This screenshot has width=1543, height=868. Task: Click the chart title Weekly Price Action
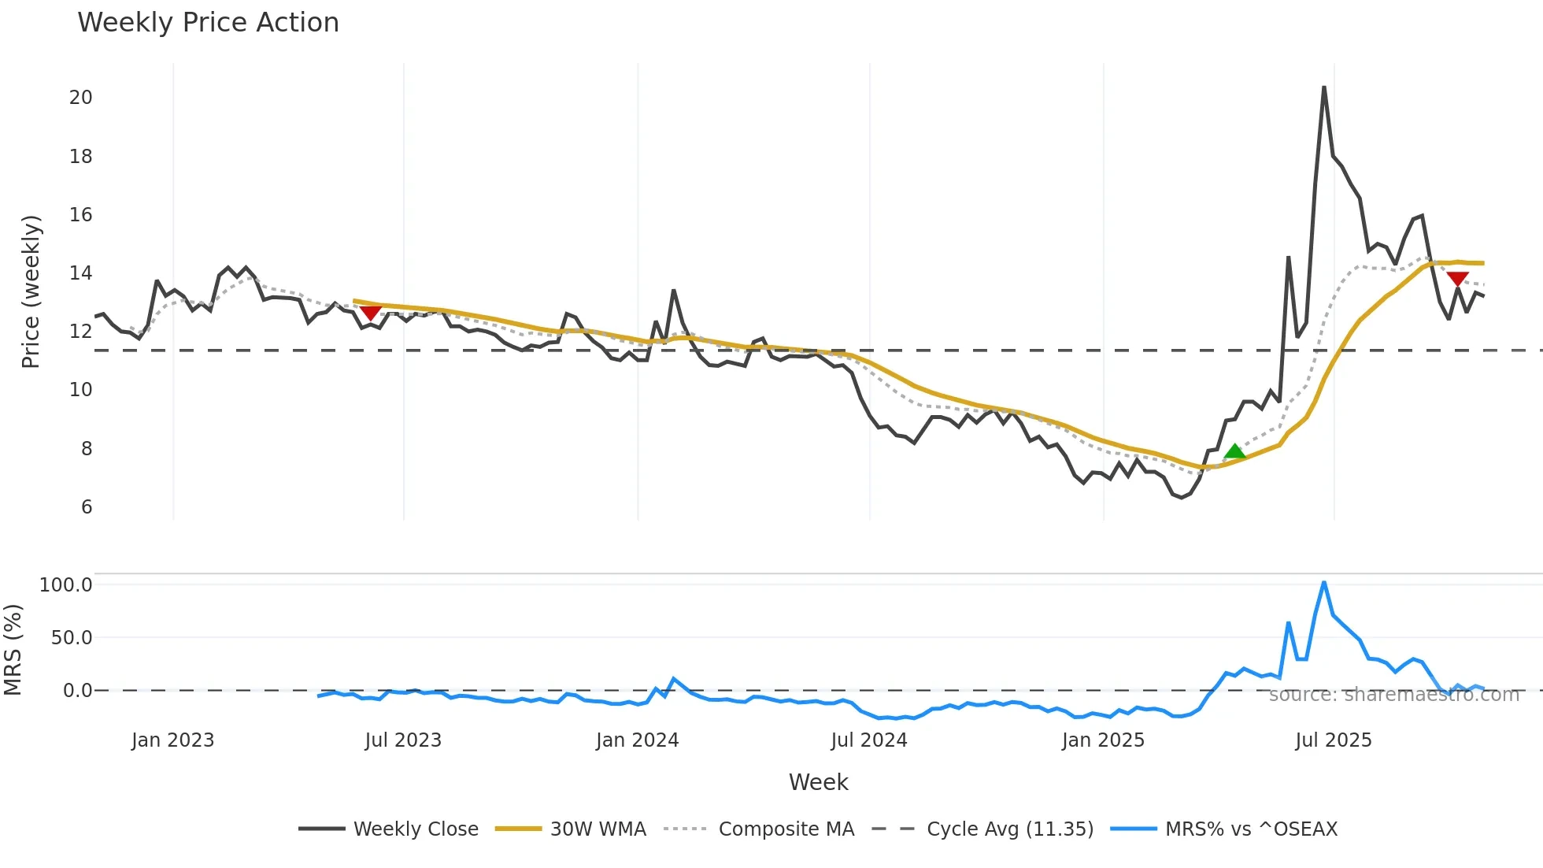coord(208,23)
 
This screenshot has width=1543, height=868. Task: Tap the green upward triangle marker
coord(1234,451)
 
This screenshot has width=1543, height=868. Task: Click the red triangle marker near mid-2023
coord(370,313)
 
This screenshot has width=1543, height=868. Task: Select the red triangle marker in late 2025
coord(1457,279)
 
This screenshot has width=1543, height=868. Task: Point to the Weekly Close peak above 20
coord(1324,87)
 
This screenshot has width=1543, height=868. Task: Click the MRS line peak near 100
coord(1324,583)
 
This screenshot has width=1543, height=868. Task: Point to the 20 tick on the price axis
coord(81,98)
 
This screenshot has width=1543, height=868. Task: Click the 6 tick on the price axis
coord(87,507)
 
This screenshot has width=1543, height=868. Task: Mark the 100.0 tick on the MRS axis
coord(66,585)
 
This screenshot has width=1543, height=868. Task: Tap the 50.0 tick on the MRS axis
coord(72,638)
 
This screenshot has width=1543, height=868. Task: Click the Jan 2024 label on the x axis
coord(637,740)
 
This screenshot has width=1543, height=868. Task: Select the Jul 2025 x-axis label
coord(1333,740)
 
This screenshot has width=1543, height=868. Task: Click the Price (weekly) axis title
coord(31,291)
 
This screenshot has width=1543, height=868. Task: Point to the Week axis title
coord(818,782)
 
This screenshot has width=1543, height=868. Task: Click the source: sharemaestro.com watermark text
coord(1393,695)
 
